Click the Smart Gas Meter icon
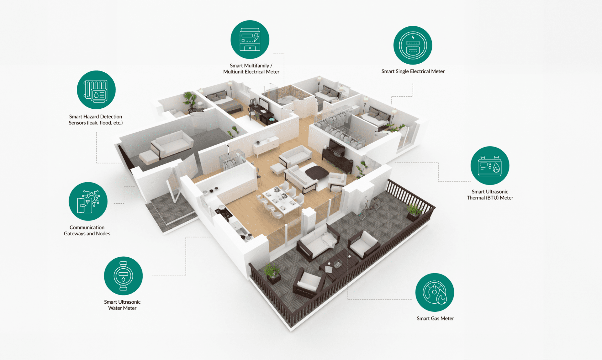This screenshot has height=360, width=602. point(435,292)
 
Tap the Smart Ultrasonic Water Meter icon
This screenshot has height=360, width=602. point(123,276)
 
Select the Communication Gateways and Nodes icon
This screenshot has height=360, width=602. point(88,201)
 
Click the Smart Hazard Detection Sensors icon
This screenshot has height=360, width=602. point(96,90)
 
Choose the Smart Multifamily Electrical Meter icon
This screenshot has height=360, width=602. point(250,40)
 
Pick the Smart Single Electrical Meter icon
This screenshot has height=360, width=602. point(413,45)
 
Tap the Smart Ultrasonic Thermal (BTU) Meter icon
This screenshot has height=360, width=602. point(490,165)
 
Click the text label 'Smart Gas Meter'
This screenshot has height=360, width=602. point(435,318)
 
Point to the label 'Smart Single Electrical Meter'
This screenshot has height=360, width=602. point(413,71)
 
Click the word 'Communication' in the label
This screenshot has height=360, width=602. point(87,227)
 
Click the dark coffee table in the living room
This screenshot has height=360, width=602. point(317,172)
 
